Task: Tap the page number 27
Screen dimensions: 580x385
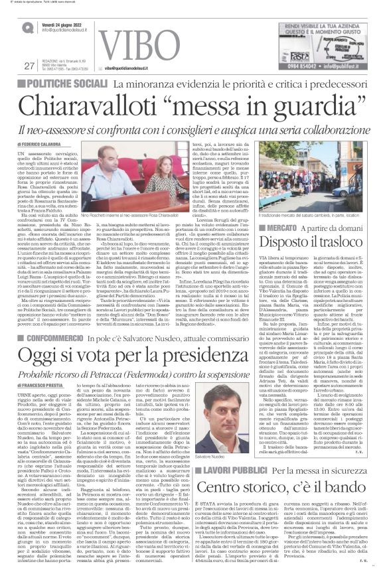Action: pyautogui.click(x=27, y=65)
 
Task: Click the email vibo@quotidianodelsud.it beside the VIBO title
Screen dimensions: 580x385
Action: pyautogui.click(x=133, y=69)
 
